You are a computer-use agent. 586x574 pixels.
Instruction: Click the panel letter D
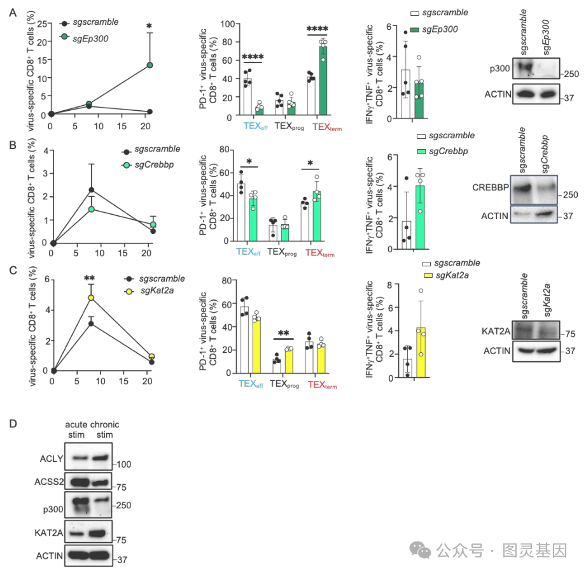coord(11,422)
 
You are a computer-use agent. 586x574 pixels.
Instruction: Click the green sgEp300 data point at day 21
coord(150,65)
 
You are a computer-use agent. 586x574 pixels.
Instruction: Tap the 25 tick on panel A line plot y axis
coord(42,24)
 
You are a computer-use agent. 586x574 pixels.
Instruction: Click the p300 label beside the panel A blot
coord(499,68)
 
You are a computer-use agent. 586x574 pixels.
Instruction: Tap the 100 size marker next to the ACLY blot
coord(122,465)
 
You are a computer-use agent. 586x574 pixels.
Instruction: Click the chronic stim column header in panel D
coord(104,430)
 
